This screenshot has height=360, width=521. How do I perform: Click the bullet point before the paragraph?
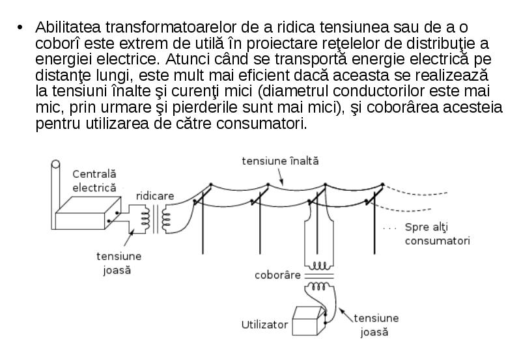click(20, 27)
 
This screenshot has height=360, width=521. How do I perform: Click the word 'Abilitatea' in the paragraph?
click(68, 27)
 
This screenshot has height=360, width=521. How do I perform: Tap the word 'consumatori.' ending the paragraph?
click(262, 124)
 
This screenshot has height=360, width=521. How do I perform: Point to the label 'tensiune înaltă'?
click(280, 161)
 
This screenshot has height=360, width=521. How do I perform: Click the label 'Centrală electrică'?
click(94, 181)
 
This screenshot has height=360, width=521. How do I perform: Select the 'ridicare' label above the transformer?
click(155, 196)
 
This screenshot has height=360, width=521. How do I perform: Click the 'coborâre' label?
click(277, 275)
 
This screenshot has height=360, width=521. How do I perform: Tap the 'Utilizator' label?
click(264, 324)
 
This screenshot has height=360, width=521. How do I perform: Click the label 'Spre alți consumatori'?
click(437, 234)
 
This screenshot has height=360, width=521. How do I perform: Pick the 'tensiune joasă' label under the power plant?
click(119, 263)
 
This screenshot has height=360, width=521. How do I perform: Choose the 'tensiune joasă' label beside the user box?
click(376, 325)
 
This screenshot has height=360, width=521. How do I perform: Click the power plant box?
click(88, 213)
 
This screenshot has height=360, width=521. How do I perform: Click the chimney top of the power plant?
click(55, 164)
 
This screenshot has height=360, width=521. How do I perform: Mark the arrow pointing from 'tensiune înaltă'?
click(281, 176)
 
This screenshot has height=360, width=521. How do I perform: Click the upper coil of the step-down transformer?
click(318, 266)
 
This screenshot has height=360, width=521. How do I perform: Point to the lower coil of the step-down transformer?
click(318, 286)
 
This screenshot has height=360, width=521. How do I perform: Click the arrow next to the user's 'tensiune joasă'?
click(346, 315)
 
